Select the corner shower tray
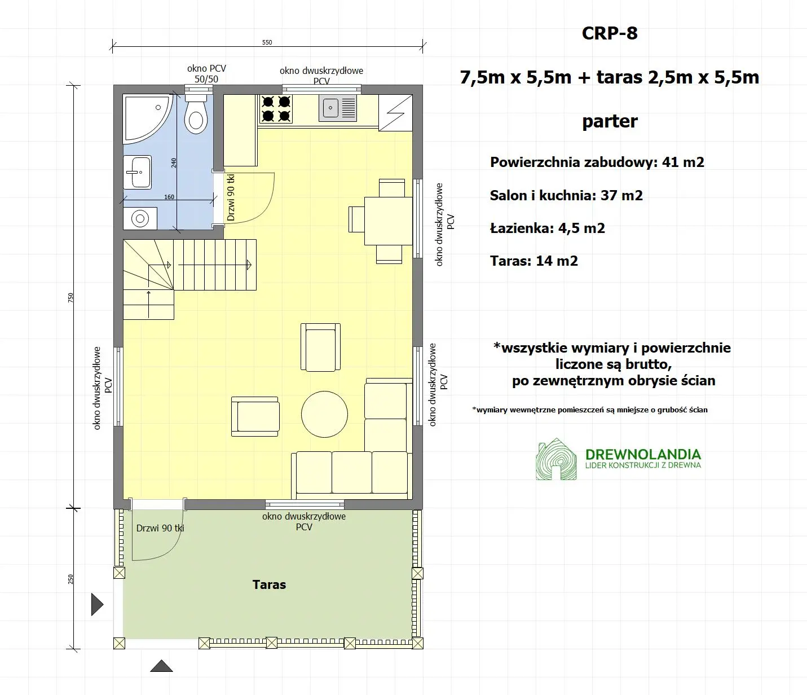[x=145, y=117]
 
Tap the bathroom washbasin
[x=137, y=172]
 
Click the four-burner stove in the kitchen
[x=276, y=109]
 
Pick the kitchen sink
[x=338, y=108]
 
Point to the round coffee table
[x=324, y=414]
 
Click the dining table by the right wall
[x=389, y=221]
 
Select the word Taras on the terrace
[x=269, y=584]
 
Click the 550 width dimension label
[x=267, y=42]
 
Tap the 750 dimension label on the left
[x=71, y=297]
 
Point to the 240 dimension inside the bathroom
[x=174, y=162]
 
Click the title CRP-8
[x=610, y=33]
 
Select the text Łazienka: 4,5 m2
[x=547, y=228]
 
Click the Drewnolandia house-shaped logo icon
[x=556, y=459]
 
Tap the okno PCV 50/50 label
[x=206, y=74]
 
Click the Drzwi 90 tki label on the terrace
[x=160, y=529]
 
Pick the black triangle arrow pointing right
[x=97, y=604]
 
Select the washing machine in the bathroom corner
[x=140, y=218]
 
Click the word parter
[x=610, y=121]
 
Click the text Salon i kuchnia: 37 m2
[x=566, y=196]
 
